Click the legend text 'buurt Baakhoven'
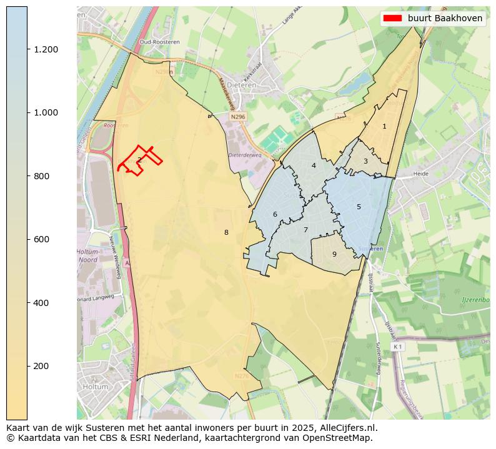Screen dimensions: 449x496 [x=445, y=18]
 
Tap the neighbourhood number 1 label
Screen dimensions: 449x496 [x=384, y=126]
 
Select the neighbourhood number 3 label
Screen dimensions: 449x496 [x=365, y=162]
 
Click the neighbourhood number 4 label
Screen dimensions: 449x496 [x=314, y=165]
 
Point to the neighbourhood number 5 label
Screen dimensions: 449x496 [x=359, y=207]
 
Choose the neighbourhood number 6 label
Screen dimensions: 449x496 [x=275, y=214]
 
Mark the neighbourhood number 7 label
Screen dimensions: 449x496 [x=305, y=230]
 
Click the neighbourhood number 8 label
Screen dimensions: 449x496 [x=226, y=232]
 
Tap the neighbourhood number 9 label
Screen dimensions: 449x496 [x=334, y=254]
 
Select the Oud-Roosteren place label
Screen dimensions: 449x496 [x=156, y=42]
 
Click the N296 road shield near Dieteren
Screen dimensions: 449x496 [x=237, y=116]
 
